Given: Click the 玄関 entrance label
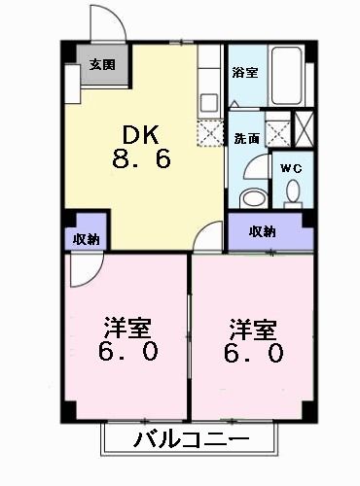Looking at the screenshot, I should (x=102, y=66).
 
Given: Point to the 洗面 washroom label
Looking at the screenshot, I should (x=245, y=138).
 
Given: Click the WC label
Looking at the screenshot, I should (x=291, y=168).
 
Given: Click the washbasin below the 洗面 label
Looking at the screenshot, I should (x=252, y=195).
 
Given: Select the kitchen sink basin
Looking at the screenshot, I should (x=210, y=101).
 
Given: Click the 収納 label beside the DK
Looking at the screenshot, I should (x=84, y=239).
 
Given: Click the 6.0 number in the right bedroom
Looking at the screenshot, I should (x=255, y=352).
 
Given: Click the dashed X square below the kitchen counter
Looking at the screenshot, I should (x=210, y=135).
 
